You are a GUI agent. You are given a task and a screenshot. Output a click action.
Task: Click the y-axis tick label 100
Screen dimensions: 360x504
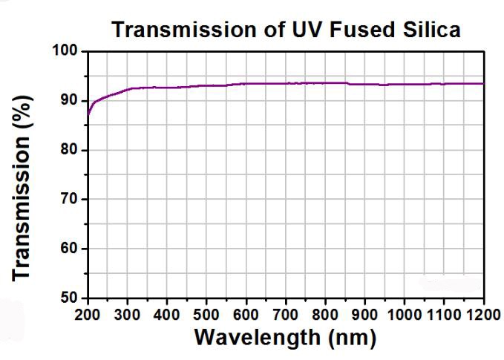[66, 51]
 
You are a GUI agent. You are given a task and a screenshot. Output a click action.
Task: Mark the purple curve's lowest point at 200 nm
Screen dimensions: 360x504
[88, 115]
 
